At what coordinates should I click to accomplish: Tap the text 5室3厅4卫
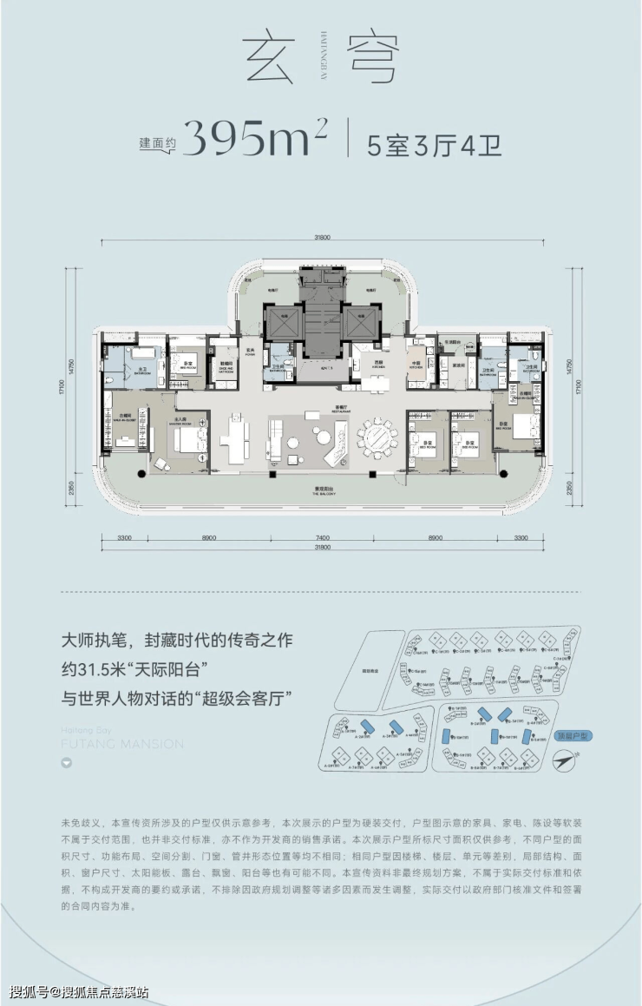[434, 141]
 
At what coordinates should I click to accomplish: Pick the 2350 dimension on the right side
[569, 490]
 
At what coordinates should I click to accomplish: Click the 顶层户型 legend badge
[572, 735]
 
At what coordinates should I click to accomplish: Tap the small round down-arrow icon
[66, 764]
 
